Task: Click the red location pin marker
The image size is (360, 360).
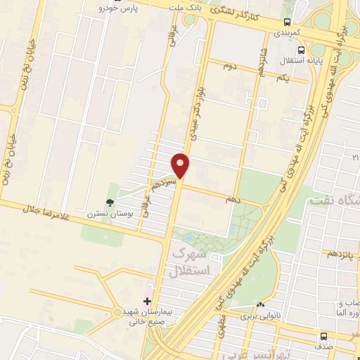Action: [181, 164]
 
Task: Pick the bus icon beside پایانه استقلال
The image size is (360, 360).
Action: [301, 50]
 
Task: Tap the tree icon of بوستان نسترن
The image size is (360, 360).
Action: [110, 203]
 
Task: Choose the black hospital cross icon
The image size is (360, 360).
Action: [147, 301]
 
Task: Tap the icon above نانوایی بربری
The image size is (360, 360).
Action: [261, 305]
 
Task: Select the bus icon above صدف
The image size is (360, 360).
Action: [323, 337]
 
